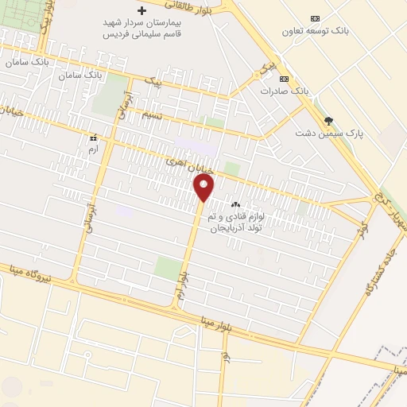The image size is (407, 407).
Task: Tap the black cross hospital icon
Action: [x=142, y=11]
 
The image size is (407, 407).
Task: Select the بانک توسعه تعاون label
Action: [x=315, y=31]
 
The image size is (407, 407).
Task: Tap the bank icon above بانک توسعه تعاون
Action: [x=315, y=18]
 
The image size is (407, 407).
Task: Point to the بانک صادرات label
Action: [x=284, y=91]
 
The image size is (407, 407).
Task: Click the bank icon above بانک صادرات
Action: [x=284, y=78]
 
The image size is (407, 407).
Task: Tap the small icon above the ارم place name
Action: [x=94, y=137]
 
